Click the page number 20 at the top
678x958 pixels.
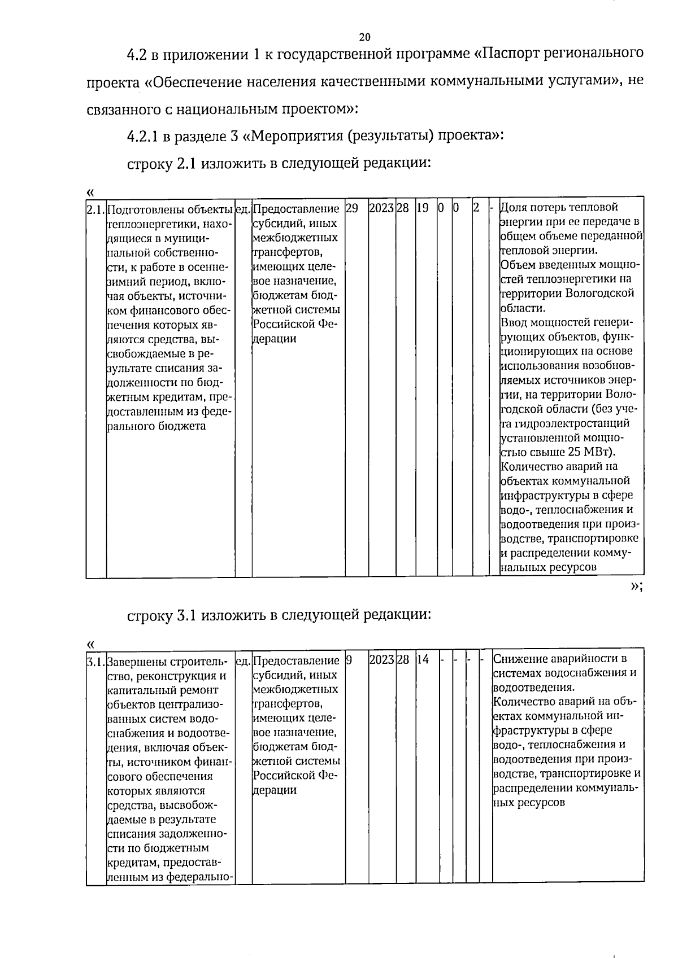(364, 37)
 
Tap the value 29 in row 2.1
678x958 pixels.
(351, 208)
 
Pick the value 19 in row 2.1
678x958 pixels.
(422, 208)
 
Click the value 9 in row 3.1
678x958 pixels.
(349, 659)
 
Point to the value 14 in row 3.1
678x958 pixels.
(423, 659)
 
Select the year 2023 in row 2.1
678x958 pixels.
(381, 208)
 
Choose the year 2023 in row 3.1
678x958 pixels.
(381, 659)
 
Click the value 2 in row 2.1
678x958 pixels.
(476, 208)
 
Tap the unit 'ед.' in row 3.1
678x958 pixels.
(243, 660)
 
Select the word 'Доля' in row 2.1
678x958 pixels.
(514, 207)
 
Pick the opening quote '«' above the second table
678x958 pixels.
(90, 644)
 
